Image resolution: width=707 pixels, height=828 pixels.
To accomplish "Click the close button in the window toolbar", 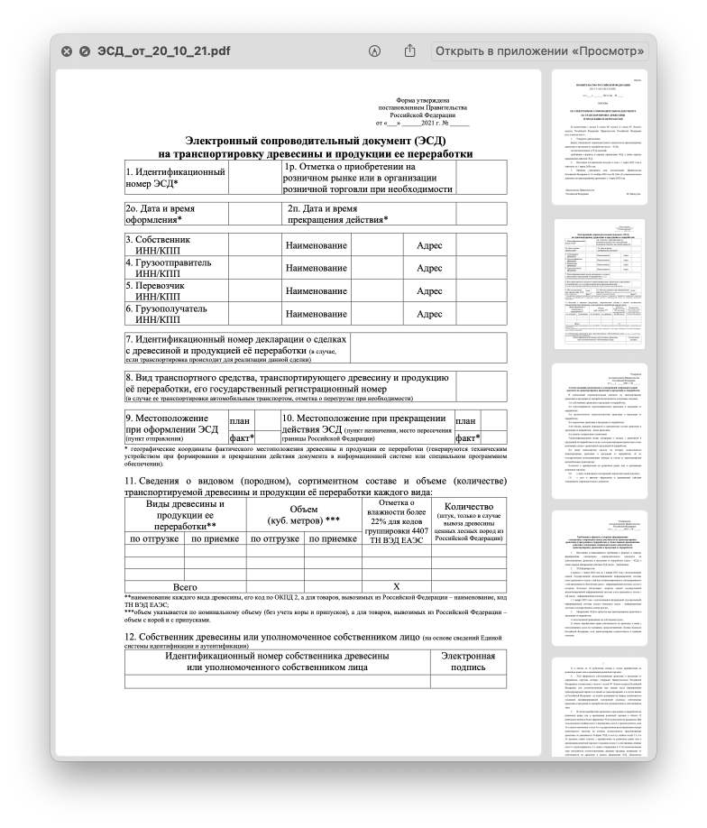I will click(x=67, y=51).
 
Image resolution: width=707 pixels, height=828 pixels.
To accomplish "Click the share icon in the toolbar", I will click(x=409, y=51).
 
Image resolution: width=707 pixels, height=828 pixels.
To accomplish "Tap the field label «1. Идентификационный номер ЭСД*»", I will click(x=175, y=178).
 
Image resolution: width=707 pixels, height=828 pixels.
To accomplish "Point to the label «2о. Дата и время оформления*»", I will click(x=161, y=214).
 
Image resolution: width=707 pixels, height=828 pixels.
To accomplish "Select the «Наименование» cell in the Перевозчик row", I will click(x=316, y=291).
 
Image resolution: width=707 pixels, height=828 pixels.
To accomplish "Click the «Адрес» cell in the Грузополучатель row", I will click(x=428, y=315).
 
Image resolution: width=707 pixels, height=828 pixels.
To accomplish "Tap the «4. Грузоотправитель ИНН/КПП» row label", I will click(x=170, y=268).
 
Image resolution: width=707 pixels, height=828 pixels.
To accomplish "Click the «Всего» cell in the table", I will click(x=184, y=586).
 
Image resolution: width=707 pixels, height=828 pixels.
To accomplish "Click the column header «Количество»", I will click(x=468, y=507).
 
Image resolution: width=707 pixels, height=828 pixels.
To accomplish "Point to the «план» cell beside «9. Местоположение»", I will click(x=240, y=420).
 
